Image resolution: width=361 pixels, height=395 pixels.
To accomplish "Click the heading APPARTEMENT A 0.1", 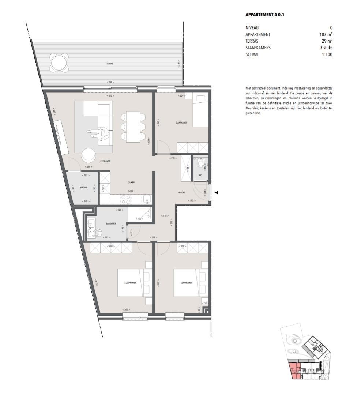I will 265,15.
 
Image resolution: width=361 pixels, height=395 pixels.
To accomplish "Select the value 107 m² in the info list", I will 326,35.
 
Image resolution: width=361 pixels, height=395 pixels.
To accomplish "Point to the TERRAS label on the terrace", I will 110,64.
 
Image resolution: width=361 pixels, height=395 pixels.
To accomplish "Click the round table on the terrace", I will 60,63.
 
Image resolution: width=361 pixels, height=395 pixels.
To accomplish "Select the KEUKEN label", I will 131,182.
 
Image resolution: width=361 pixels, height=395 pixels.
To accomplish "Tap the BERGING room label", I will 83,188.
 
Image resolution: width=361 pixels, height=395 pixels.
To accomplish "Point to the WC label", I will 200,175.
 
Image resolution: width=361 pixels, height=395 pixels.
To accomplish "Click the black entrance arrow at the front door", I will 216,192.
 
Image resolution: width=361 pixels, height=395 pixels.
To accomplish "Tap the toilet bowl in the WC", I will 200,165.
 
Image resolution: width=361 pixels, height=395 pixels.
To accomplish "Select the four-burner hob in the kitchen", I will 126,199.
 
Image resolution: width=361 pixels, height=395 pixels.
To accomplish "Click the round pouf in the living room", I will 88,155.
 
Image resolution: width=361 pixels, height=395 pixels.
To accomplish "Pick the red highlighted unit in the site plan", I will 294,370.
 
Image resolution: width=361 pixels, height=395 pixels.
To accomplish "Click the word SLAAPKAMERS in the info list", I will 258,48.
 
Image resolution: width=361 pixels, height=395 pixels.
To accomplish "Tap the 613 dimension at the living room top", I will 110,96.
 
